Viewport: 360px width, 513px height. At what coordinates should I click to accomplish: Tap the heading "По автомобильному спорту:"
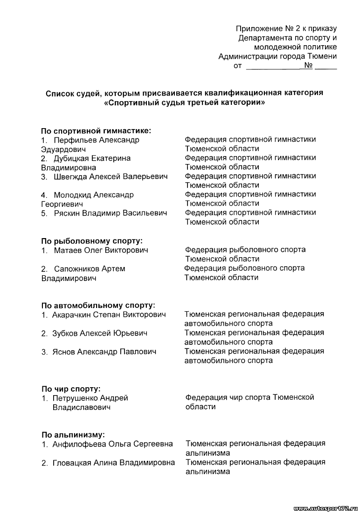[97, 306]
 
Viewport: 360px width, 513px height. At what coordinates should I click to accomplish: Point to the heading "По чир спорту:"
[71, 389]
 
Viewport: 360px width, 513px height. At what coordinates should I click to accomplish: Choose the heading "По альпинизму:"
[73, 434]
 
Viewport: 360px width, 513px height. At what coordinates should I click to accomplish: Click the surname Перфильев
[76, 140]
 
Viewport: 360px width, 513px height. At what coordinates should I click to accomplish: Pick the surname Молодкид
[73, 195]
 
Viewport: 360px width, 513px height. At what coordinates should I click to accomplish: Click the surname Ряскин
[66, 213]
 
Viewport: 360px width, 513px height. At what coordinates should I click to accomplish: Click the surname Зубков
[65, 334]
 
